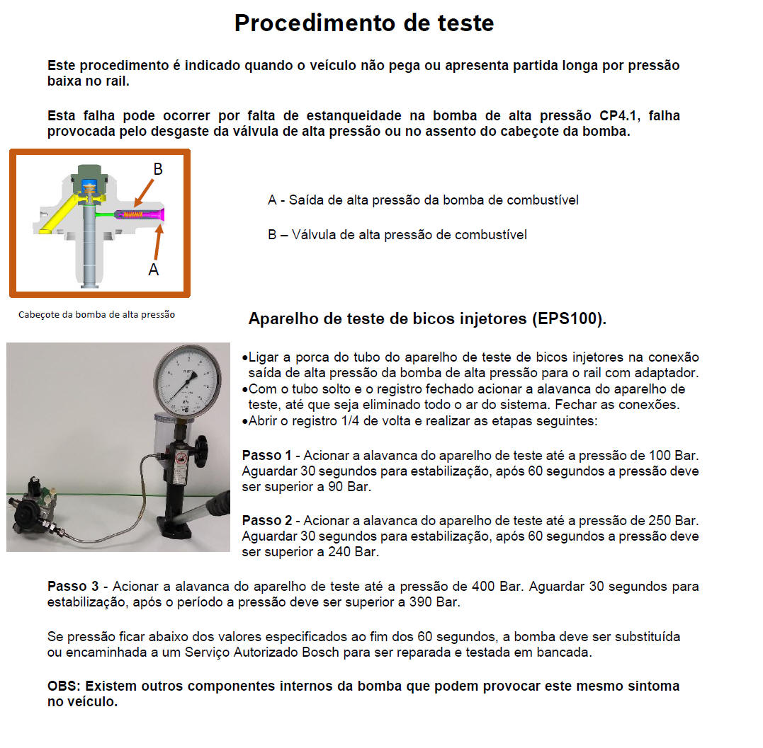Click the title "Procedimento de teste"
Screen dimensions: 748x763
tap(364, 23)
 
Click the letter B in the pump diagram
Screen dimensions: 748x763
tap(158, 169)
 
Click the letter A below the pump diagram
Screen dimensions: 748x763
tap(153, 269)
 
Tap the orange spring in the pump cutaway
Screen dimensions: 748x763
tap(133, 214)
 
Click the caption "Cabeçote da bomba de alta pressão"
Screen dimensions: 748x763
tap(96, 315)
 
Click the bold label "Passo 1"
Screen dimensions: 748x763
tap(266, 455)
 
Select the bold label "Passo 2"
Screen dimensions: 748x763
tap(266, 521)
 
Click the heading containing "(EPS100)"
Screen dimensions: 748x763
tap(427, 319)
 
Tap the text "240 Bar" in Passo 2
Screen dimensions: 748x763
tap(354, 551)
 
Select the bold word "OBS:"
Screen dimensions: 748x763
tap(64, 686)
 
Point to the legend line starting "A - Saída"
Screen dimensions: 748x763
tap(423, 200)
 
